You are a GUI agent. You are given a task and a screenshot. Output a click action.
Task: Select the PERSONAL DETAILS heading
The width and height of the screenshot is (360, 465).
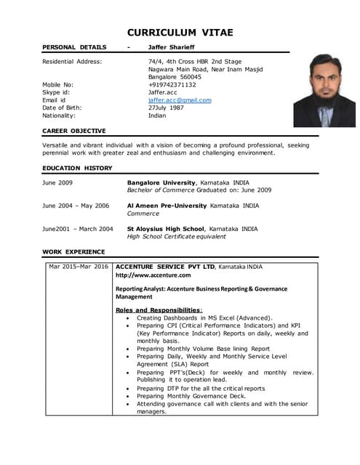[x=74, y=47]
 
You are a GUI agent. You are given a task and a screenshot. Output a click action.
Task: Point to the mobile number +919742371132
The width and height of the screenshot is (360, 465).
[x=172, y=84]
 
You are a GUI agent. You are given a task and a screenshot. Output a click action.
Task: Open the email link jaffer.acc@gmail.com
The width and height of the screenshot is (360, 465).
[x=180, y=100]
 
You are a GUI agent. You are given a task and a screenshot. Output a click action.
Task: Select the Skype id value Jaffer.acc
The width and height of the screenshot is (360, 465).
[x=162, y=92]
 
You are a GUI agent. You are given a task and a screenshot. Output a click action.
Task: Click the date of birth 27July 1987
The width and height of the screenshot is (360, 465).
[x=167, y=108]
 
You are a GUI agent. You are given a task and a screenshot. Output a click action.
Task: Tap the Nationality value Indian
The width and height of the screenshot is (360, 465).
[x=157, y=116]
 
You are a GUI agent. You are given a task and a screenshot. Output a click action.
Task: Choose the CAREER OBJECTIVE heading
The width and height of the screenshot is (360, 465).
[x=74, y=131]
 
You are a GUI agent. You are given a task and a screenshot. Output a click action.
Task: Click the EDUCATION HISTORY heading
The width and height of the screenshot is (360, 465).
[x=77, y=168]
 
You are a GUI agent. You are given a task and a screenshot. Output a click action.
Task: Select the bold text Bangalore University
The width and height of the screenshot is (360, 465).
[x=161, y=182]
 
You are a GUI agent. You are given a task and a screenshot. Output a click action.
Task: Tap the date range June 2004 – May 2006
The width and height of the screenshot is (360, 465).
[x=76, y=206]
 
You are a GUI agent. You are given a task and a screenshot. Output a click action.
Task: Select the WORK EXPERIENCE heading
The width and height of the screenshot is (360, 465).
[x=73, y=251]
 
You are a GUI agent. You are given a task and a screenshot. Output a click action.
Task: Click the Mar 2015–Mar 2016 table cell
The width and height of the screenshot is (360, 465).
[x=78, y=267]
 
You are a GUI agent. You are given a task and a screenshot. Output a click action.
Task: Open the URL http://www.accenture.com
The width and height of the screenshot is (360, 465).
[x=153, y=275]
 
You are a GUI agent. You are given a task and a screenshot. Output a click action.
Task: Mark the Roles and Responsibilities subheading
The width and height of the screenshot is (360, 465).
[x=159, y=310]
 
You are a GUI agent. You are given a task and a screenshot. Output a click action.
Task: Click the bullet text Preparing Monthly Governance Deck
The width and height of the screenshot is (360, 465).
[x=191, y=396]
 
